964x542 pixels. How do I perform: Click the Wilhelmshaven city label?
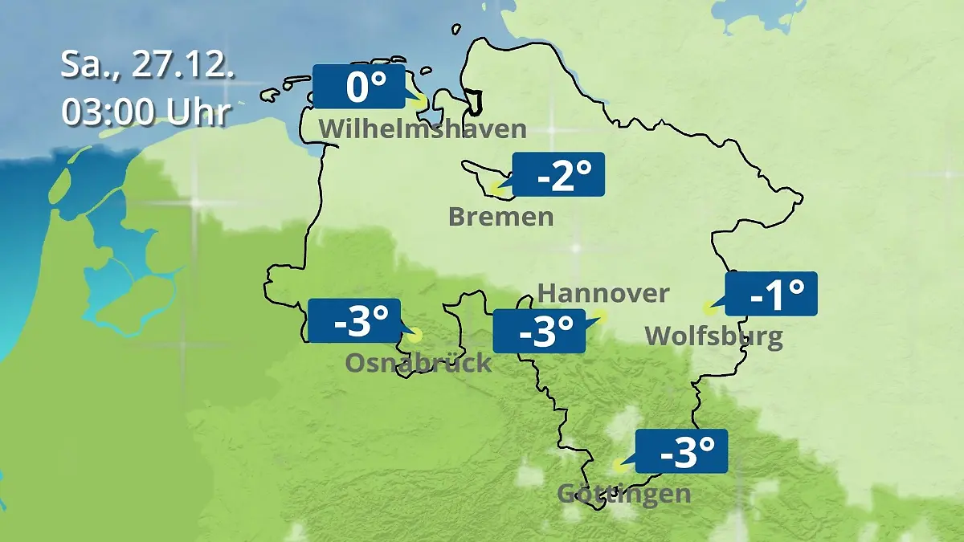423,129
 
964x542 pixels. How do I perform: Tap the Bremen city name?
500,217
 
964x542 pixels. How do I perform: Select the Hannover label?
602,293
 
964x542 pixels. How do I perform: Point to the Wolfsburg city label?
713,336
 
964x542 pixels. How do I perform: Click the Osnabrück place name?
418,363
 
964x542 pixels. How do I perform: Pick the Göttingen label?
623,493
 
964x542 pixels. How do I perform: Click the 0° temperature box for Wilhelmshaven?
357,86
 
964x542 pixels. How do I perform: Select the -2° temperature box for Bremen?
558,174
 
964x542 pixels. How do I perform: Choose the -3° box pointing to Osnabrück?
353,320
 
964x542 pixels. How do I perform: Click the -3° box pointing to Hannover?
538,331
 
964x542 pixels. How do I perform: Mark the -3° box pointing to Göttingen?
681,451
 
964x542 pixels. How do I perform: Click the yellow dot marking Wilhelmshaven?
419,101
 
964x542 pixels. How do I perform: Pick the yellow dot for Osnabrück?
415,336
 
